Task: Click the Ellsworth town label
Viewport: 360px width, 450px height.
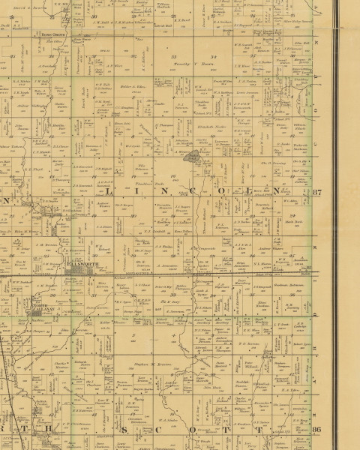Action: tap(80, 265)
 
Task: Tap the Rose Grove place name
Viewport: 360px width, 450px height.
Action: tap(51, 34)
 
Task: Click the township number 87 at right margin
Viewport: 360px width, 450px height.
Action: tap(316, 193)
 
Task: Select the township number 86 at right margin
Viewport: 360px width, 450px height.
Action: tap(316, 429)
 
